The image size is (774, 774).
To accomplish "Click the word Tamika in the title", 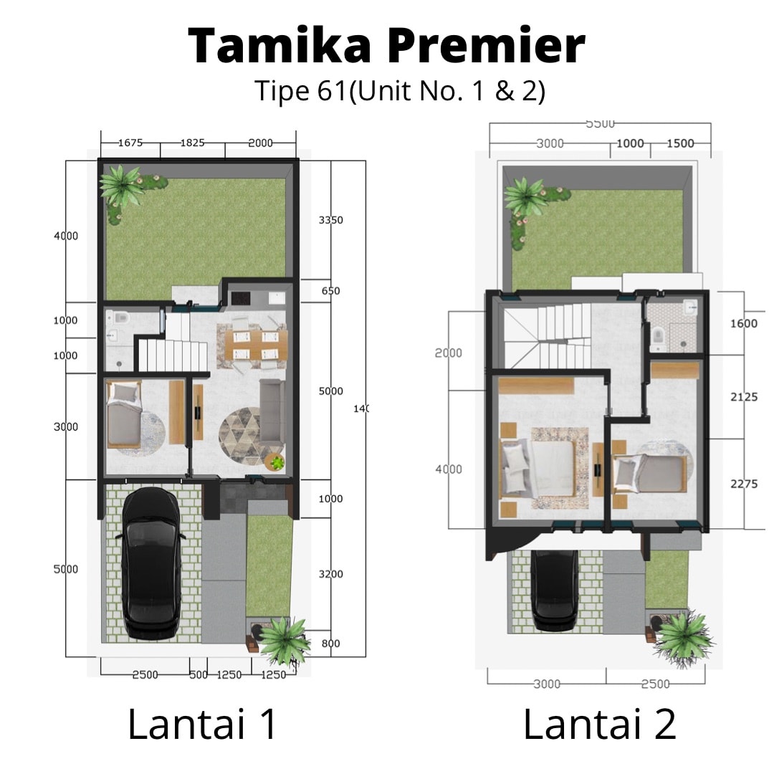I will click(x=280, y=46).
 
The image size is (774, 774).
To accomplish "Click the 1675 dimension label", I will click(x=130, y=143).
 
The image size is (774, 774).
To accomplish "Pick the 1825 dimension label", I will click(x=192, y=143).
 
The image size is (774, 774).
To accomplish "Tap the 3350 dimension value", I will click(x=330, y=220).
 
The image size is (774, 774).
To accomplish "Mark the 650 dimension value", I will click(x=330, y=291).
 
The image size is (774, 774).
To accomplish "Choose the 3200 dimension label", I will click(x=330, y=574).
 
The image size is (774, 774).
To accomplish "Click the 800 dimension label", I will click(x=330, y=644).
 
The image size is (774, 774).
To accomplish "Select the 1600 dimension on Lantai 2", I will click(x=743, y=323).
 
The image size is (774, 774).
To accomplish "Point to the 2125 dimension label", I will click(x=743, y=396).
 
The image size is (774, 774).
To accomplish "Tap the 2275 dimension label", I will click(x=743, y=484).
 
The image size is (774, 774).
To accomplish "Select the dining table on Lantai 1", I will click(x=256, y=344).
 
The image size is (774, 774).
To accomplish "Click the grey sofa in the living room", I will click(x=272, y=412).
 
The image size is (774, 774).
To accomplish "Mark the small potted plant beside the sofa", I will click(x=274, y=462).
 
